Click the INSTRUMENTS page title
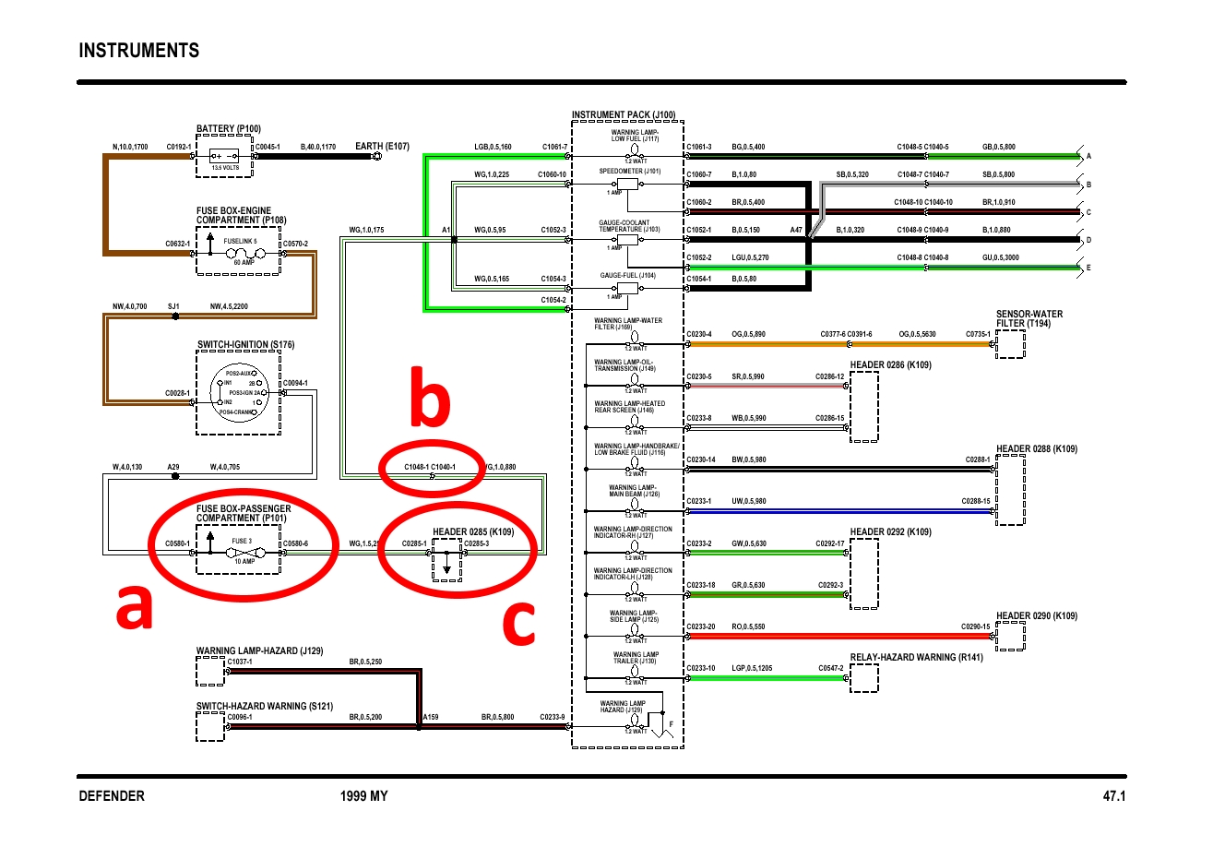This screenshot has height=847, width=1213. point(139,50)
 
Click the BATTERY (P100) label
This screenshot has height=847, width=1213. point(229,128)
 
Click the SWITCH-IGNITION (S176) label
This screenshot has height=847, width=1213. point(245,345)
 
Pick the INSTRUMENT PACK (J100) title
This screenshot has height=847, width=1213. point(624,115)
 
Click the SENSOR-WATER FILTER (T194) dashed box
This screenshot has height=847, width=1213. point(1010,344)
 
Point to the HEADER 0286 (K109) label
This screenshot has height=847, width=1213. point(890,365)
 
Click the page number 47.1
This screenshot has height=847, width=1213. point(1114,796)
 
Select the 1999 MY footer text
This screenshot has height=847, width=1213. point(364,796)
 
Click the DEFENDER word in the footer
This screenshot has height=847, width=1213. point(112,796)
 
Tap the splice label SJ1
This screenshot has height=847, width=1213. point(173,305)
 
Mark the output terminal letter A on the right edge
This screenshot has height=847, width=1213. point(1089,157)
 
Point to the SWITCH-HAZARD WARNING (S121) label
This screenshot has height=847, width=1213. point(263,706)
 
